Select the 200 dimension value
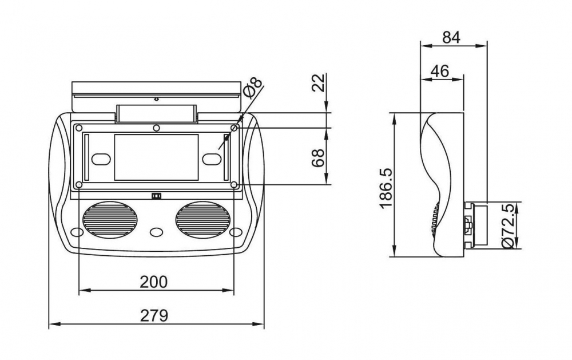tap(154, 282)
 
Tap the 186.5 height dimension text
tap(384, 187)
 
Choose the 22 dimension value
tap(319, 84)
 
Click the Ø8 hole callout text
tap(252, 89)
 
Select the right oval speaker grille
tap(202, 219)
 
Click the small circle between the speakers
tap(156, 232)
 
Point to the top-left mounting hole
tap(79, 127)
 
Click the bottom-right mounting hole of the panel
tap(234, 184)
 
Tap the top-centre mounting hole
tap(156, 127)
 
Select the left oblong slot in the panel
tap(101, 158)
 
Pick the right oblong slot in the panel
tap(211, 158)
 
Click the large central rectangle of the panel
tap(156, 157)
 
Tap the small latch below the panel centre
tap(156, 196)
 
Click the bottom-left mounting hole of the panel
tap(79, 184)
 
